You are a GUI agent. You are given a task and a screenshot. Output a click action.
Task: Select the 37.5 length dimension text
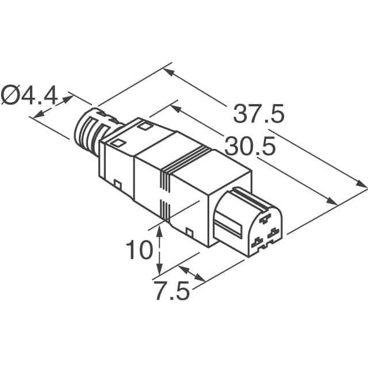click(x=259, y=114)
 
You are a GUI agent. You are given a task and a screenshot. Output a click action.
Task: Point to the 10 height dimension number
click(x=140, y=250)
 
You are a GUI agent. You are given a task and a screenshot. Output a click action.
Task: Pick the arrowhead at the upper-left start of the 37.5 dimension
click(x=167, y=72)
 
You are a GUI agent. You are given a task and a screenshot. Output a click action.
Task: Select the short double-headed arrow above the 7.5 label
click(x=191, y=273)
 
